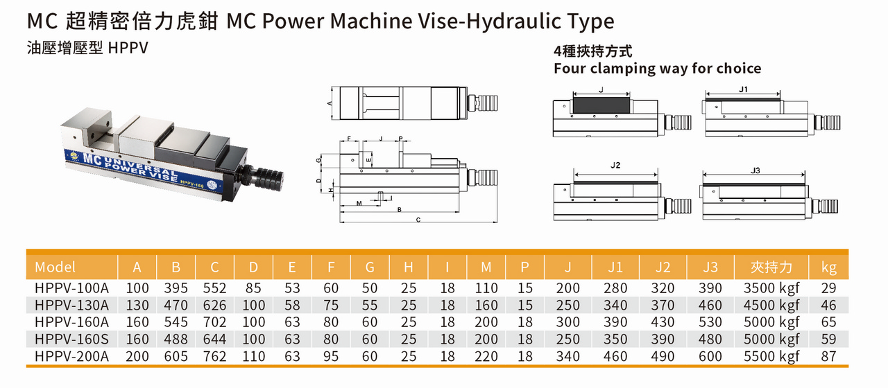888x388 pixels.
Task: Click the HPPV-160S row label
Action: (71, 339)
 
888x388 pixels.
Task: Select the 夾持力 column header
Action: (771, 267)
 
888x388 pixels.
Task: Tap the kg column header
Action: (828, 268)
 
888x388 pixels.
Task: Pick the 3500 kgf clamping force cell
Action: (771, 288)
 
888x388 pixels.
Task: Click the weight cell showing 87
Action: (828, 356)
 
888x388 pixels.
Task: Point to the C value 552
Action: (214, 288)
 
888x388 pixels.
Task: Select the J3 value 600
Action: (710, 356)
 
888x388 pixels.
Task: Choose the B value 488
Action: (176, 339)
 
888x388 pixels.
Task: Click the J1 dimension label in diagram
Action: (743, 89)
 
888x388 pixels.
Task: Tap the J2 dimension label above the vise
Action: (615, 165)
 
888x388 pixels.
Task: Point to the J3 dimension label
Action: (755, 170)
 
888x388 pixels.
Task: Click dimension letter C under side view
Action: (418, 220)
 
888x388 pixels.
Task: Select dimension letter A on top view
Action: (330, 103)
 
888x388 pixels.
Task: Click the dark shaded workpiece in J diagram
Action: (601, 105)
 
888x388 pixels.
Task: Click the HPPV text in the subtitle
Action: (128, 48)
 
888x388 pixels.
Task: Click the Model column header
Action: (55, 267)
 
